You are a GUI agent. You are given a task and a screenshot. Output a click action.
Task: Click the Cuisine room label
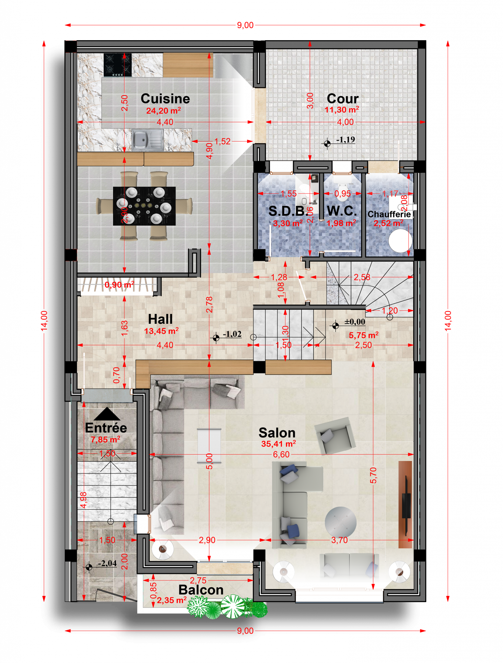pos(165,99)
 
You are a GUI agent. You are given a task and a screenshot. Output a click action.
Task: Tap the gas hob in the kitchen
pos(118,65)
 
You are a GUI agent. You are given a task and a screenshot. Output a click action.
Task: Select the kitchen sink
pos(147,140)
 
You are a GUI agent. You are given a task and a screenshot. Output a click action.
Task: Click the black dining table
pos(144,206)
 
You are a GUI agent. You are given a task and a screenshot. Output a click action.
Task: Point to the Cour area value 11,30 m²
pos(342,110)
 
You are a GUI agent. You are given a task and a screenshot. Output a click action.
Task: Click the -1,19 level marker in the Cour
pos(345,140)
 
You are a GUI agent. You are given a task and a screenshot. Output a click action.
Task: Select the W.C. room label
pos(342,211)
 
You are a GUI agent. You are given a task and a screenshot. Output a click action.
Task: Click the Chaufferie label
pos(389,214)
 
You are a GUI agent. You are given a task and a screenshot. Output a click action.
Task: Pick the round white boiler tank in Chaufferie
pos(400,241)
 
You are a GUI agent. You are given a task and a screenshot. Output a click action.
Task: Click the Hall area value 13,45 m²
pos(161,331)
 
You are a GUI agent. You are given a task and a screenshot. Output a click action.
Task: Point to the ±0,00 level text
pos(355,322)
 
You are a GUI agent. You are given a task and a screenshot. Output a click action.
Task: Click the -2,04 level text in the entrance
pos(107,564)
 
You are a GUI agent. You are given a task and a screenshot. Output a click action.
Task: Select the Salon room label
pos(277,433)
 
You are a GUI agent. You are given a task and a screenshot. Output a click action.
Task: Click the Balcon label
pos(201,590)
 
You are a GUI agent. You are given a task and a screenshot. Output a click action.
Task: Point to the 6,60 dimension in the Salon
pos(281,455)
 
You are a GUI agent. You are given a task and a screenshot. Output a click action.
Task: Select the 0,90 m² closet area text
pos(119,285)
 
